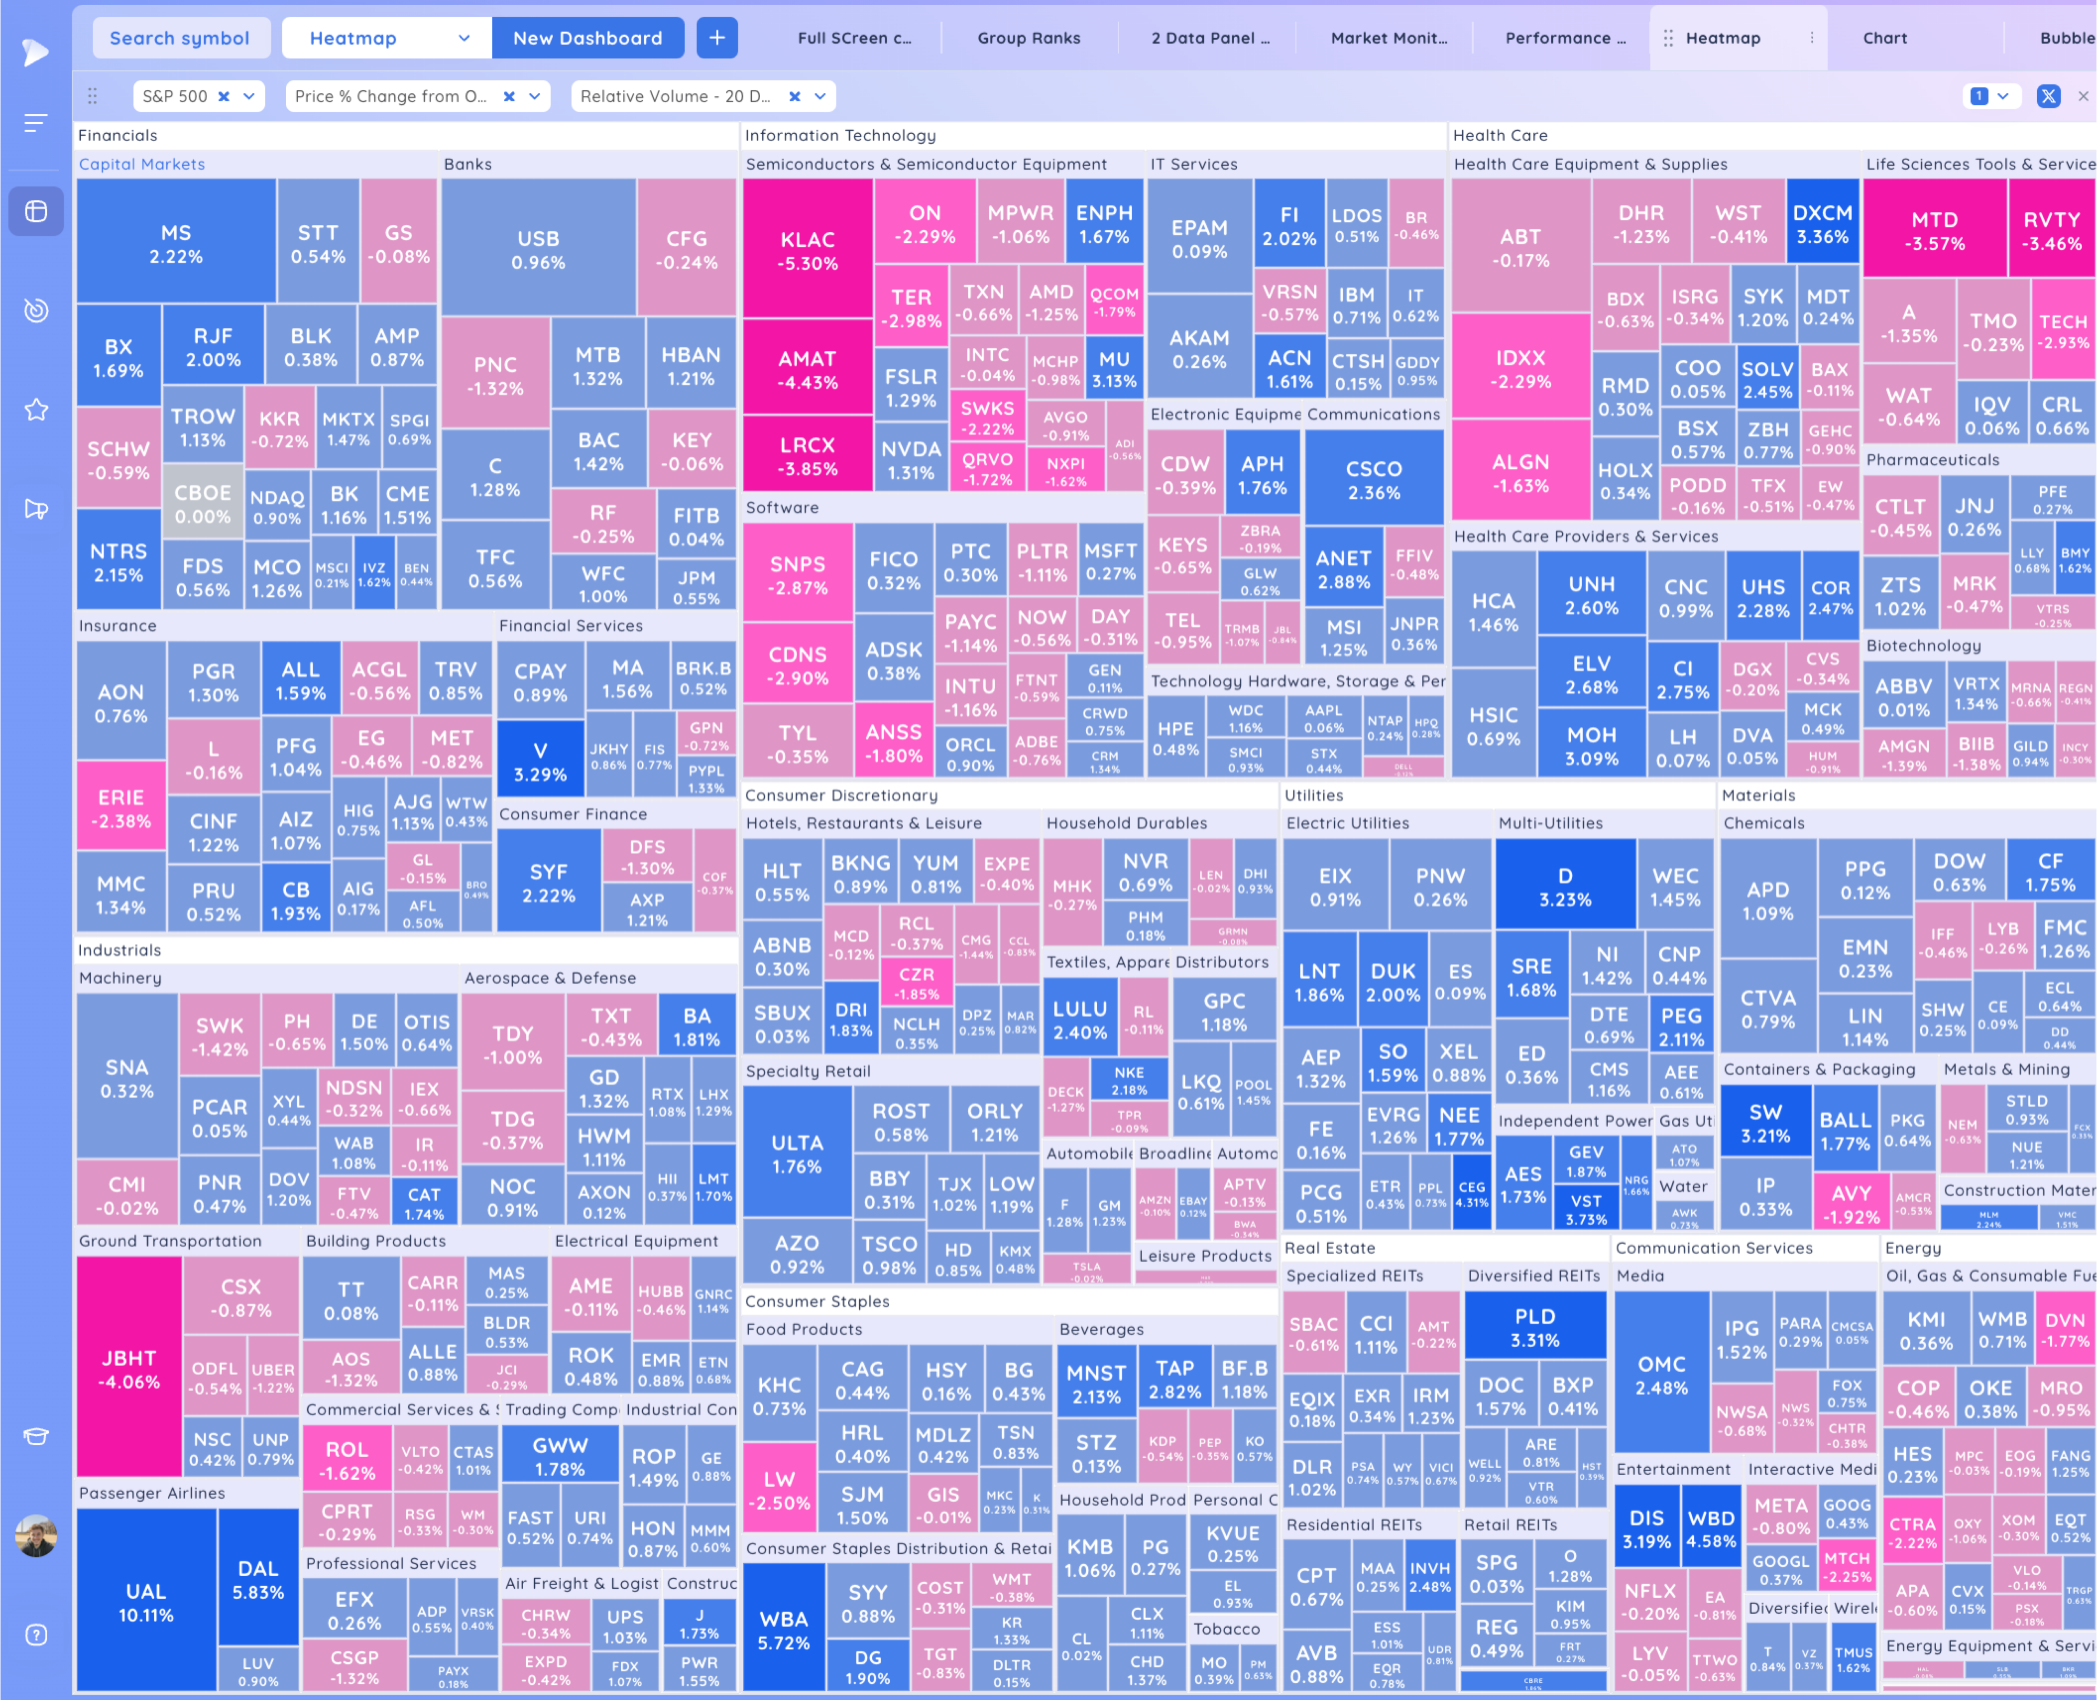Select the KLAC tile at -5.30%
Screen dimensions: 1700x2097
[808, 251]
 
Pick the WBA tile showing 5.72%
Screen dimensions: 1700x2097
[783, 1630]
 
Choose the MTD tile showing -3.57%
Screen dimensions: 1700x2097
[1934, 231]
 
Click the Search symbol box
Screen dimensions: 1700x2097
[180, 38]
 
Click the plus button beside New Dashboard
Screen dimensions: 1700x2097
[717, 38]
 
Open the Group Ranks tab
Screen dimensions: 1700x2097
[1029, 38]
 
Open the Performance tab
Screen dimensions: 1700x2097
[1564, 38]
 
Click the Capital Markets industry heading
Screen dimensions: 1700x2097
[142, 165]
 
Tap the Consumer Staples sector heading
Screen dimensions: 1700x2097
[817, 1301]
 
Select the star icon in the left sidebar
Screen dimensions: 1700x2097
[36, 410]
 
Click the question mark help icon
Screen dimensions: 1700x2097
[36, 1636]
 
